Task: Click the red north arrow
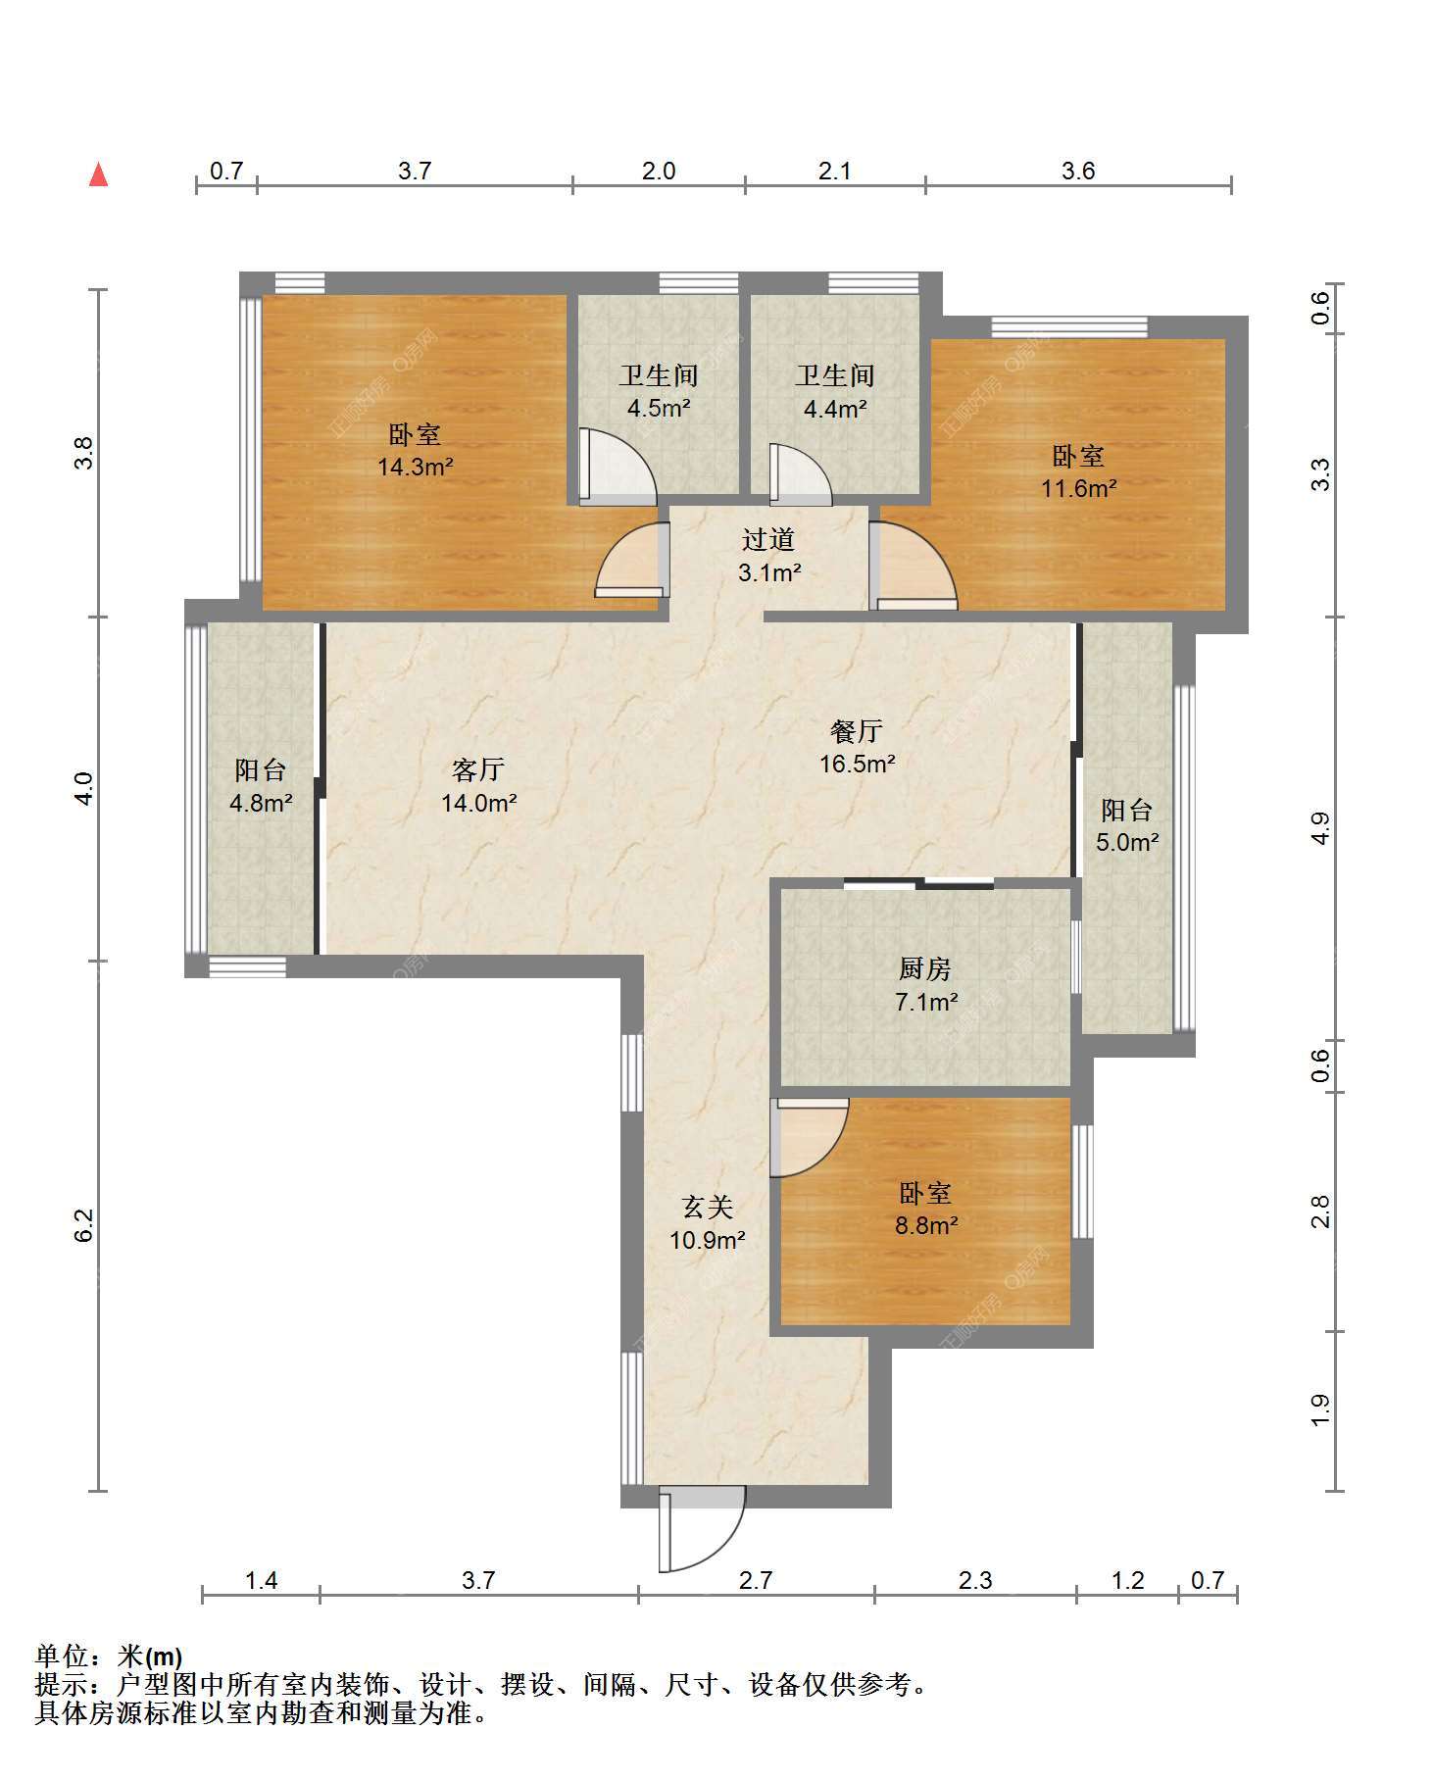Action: pos(98,174)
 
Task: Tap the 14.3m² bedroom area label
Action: pos(416,450)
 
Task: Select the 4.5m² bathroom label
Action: pos(659,391)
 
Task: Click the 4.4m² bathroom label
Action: pos(835,391)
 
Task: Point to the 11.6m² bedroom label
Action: pos(1079,471)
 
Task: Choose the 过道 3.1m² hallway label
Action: pos(768,556)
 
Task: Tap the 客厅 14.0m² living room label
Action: pos(478,786)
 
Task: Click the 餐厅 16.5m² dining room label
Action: pos(858,746)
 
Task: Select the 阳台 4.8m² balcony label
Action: pos(261,786)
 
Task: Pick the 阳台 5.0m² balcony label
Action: pos(1127,825)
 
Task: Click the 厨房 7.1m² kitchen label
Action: pos(926,985)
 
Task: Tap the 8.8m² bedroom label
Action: pos(926,1209)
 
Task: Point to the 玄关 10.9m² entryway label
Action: pos(708,1223)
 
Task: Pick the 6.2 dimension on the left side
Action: pos(85,1225)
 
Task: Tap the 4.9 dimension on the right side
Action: pos(1320,829)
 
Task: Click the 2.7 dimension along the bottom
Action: pos(756,1580)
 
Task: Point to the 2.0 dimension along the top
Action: pos(659,171)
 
